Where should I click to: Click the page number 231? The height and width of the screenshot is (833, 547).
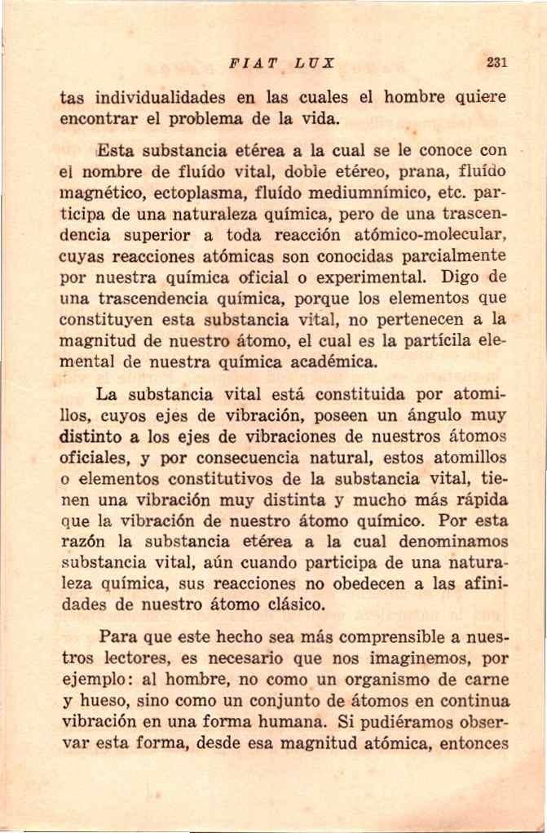(x=496, y=62)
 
